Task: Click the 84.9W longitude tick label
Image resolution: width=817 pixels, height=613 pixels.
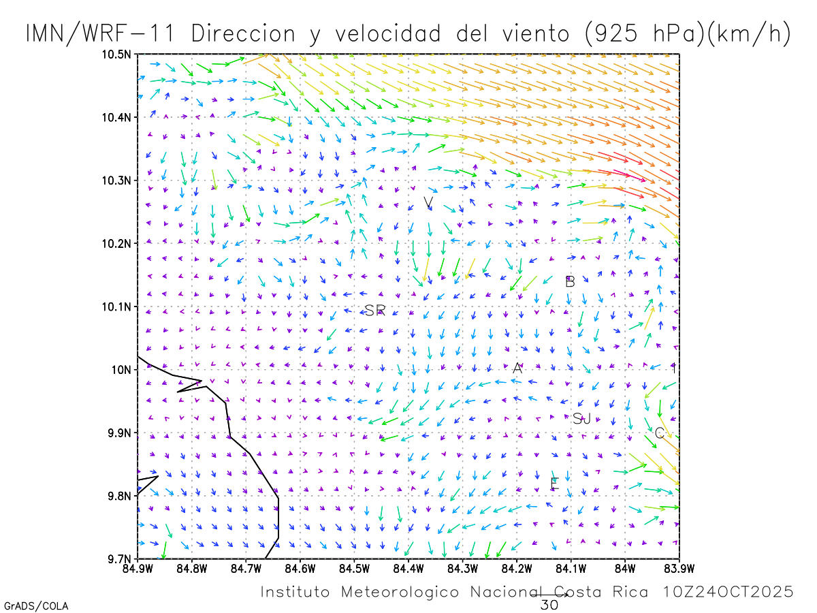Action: click(x=138, y=569)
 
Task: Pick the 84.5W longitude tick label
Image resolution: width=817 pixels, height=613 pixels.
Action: click(x=354, y=569)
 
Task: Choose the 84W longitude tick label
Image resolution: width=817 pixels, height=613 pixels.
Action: click(x=625, y=569)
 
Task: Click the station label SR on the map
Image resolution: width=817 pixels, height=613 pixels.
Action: click(x=375, y=311)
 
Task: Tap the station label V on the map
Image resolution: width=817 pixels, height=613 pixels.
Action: click(x=428, y=203)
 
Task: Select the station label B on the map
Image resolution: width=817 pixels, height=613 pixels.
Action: click(x=571, y=281)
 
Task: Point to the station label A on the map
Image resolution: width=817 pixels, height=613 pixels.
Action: click(x=517, y=368)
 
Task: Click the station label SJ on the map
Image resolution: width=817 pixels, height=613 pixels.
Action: click(x=581, y=419)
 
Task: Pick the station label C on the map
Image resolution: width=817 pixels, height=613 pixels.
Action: click(x=659, y=433)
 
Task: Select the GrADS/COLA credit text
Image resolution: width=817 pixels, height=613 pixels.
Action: click(x=36, y=606)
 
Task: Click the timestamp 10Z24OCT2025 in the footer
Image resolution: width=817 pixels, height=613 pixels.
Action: click(x=729, y=592)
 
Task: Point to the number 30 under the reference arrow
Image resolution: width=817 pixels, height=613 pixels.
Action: click(x=549, y=605)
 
